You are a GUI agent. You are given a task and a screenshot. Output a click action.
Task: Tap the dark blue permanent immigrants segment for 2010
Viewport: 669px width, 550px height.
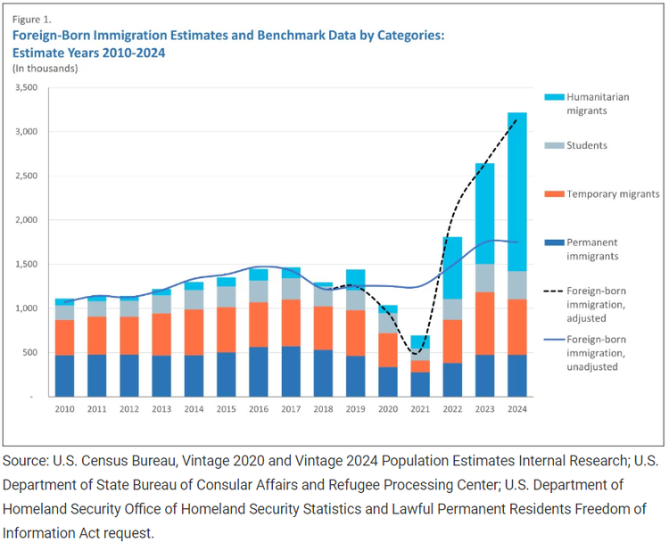click(x=64, y=375)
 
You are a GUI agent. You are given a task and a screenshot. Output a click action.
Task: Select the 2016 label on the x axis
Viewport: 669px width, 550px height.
click(x=258, y=409)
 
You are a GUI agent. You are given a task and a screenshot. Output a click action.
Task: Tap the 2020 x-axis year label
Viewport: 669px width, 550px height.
click(x=386, y=409)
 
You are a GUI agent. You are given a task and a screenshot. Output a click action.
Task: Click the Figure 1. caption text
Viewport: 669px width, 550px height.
click(x=31, y=19)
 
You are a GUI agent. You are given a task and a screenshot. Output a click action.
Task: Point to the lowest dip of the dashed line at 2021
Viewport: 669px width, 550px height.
click(x=417, y=353)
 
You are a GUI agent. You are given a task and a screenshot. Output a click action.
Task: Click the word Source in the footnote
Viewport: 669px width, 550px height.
click(x=26, y=461)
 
